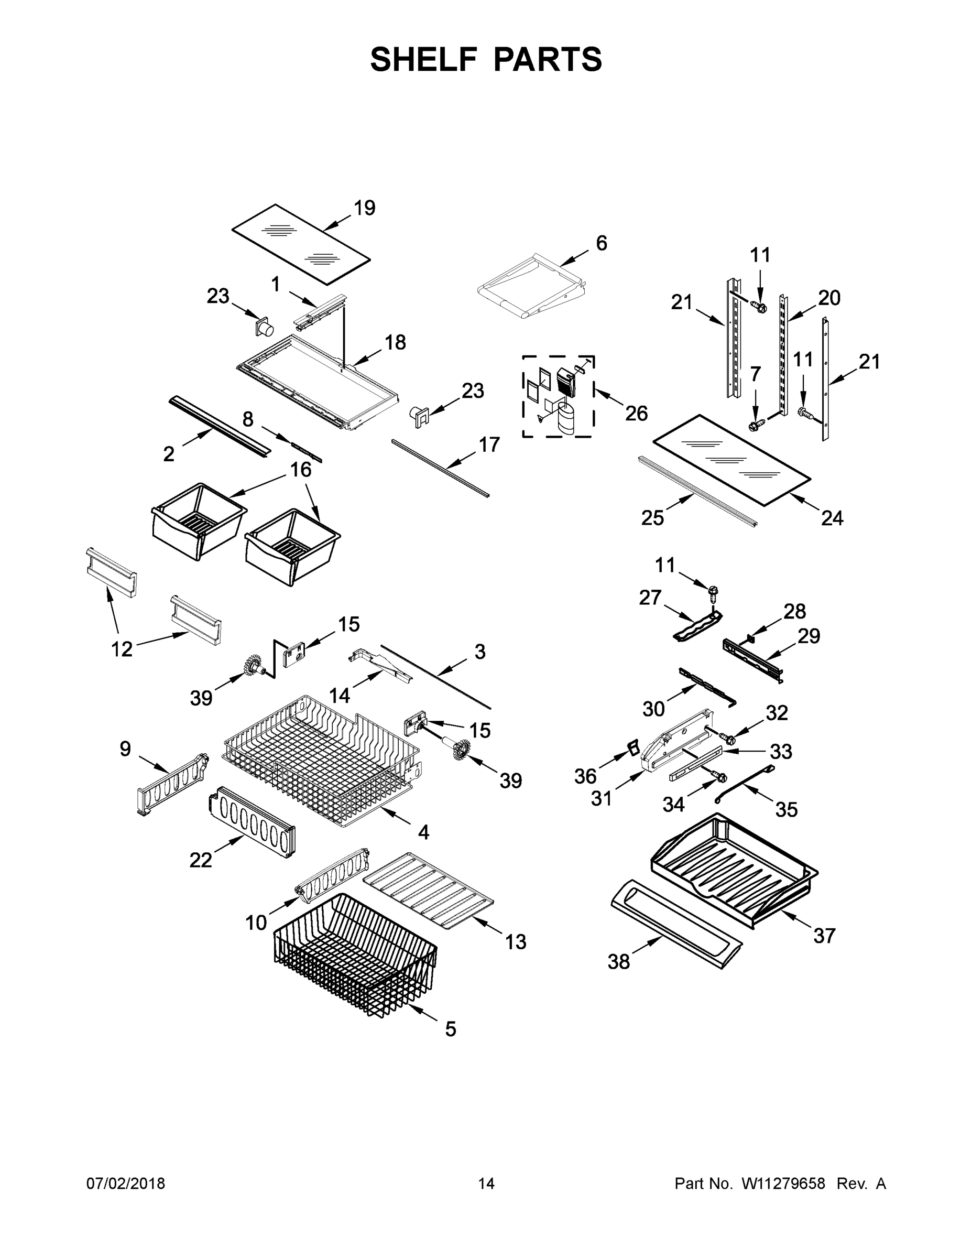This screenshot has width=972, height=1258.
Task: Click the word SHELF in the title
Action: (423, 59)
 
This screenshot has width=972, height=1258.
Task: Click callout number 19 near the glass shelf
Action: (364, 208)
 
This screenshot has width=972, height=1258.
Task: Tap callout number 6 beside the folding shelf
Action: (600, 243)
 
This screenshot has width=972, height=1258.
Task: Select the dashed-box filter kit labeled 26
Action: (558, 396)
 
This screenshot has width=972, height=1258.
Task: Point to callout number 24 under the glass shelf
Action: (832, 518)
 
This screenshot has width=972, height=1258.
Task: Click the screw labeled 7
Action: (755, 426)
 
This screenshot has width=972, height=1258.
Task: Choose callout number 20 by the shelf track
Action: (829, 298)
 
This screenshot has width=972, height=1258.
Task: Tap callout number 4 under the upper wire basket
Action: (423, 832)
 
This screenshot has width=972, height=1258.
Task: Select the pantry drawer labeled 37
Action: (734, 870)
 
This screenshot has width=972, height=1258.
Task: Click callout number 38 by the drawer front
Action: (618, 962)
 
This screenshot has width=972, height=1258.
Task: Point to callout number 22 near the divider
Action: (200, 860)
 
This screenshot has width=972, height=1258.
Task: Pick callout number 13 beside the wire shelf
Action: (516, 942)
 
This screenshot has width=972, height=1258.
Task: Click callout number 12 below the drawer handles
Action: (122, 649)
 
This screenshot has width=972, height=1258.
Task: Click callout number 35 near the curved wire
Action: (786, 809)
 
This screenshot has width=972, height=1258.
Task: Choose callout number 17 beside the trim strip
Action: (489, 444)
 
